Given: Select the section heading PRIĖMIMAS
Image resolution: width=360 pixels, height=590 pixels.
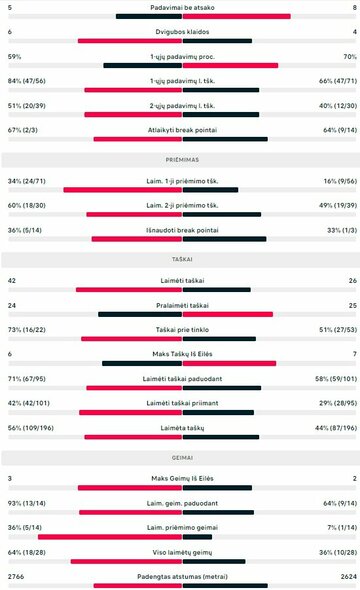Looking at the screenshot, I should point(180,158).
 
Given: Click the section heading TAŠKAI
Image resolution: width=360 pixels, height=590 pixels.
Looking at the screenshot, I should point(180,258).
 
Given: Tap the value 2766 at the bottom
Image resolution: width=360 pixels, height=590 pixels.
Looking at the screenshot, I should point(17,577).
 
